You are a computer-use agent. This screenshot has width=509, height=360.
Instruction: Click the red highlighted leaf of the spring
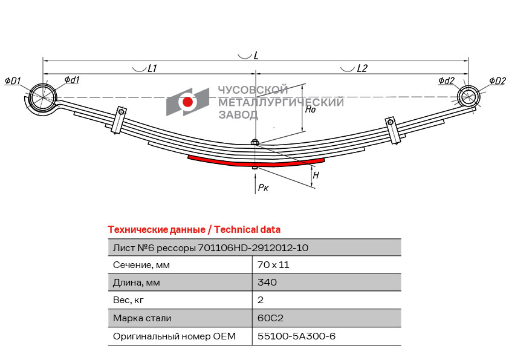coord(256,162)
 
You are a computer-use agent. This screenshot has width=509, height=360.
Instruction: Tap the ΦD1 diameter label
coord(13,81)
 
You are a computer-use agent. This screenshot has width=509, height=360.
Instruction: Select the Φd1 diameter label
coord(72,80)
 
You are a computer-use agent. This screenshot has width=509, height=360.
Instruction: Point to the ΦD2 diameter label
coord(498,81)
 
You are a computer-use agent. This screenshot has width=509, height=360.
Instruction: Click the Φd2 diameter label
coord(446,80)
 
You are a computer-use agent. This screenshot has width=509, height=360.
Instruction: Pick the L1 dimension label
coord(152,68)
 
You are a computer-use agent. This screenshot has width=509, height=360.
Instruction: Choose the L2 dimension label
coord(362,68)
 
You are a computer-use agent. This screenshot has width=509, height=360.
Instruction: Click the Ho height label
coord(310,109)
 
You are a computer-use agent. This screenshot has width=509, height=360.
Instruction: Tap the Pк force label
coord(263,188)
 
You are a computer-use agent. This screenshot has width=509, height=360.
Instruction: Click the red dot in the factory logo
coord(187,102)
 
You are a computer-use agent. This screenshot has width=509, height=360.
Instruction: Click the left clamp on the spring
coord(119,120)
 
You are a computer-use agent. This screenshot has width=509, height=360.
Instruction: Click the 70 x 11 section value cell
coord(273,265)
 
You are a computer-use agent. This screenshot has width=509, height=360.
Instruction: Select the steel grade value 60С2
coord(270,318)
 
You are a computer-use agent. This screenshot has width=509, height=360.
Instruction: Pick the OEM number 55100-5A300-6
coord(296,336)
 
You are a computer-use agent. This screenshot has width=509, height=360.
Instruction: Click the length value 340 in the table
coord(267,283)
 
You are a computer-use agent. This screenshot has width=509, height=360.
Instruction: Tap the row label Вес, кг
coord(128,300)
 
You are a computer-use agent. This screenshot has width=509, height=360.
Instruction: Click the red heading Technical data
coord(247,230)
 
